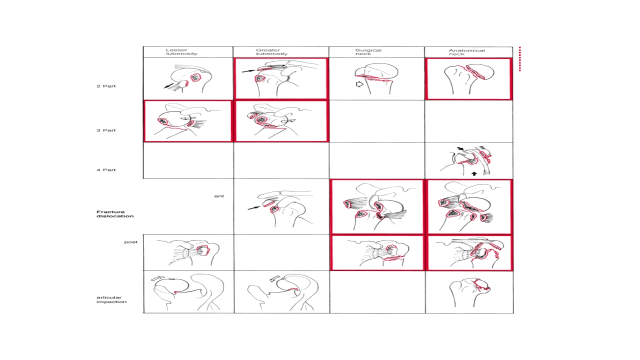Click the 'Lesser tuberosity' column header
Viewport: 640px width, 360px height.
(181, 51)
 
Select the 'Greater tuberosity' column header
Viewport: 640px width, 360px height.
(271, 51)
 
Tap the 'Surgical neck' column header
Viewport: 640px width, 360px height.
(368, 51)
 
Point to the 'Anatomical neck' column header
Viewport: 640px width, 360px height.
(466, 52)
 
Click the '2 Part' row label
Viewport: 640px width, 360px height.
(106, 86)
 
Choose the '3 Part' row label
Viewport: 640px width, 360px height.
(106, 130)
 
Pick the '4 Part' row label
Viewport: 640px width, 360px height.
(106, 169)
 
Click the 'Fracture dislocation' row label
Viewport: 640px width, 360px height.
(115, 214)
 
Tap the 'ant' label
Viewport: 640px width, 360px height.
(219, 196)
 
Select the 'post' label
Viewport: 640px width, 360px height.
(130, 242)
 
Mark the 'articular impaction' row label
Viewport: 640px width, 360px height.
(111, 299)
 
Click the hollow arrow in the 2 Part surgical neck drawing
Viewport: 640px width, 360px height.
(359, 84)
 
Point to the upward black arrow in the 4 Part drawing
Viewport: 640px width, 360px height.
(474, 173)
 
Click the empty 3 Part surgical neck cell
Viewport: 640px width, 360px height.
(376, 121)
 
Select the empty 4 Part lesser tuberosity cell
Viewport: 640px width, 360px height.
(188, 160)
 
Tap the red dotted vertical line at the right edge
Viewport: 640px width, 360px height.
(519, 59)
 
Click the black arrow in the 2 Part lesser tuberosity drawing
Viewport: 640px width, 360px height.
(168, 85)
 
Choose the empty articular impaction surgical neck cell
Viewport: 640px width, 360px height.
(377, 291)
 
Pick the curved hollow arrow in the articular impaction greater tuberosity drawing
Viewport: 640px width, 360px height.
(275, 278)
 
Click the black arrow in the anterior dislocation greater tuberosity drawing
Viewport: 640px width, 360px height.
(254, 207)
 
